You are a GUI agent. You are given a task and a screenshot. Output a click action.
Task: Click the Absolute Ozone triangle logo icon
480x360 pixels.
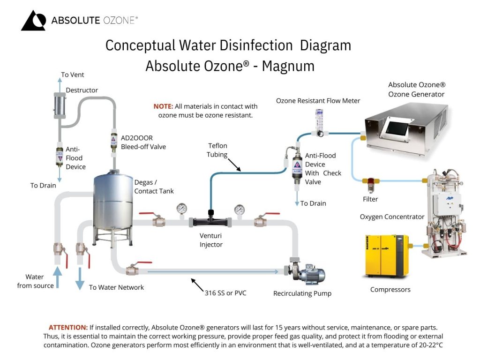tap(33, 21)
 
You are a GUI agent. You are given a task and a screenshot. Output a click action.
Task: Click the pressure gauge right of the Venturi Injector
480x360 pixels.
tap(240, 209)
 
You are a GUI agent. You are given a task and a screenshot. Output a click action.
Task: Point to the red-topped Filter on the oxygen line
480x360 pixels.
tap(372, 184)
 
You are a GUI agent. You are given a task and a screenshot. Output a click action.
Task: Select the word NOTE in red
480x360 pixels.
tap(163, 106)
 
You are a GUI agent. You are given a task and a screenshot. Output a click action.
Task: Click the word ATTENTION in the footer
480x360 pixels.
tap(68, 327)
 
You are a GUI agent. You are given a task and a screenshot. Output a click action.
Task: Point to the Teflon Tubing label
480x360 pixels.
tap(217, 150)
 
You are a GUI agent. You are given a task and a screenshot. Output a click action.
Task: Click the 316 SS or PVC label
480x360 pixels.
tap(225, 293)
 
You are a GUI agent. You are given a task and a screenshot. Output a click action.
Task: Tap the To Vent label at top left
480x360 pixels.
tap(73, 75)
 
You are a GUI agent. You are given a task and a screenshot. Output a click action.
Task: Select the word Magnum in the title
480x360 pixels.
tap(288, 66)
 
